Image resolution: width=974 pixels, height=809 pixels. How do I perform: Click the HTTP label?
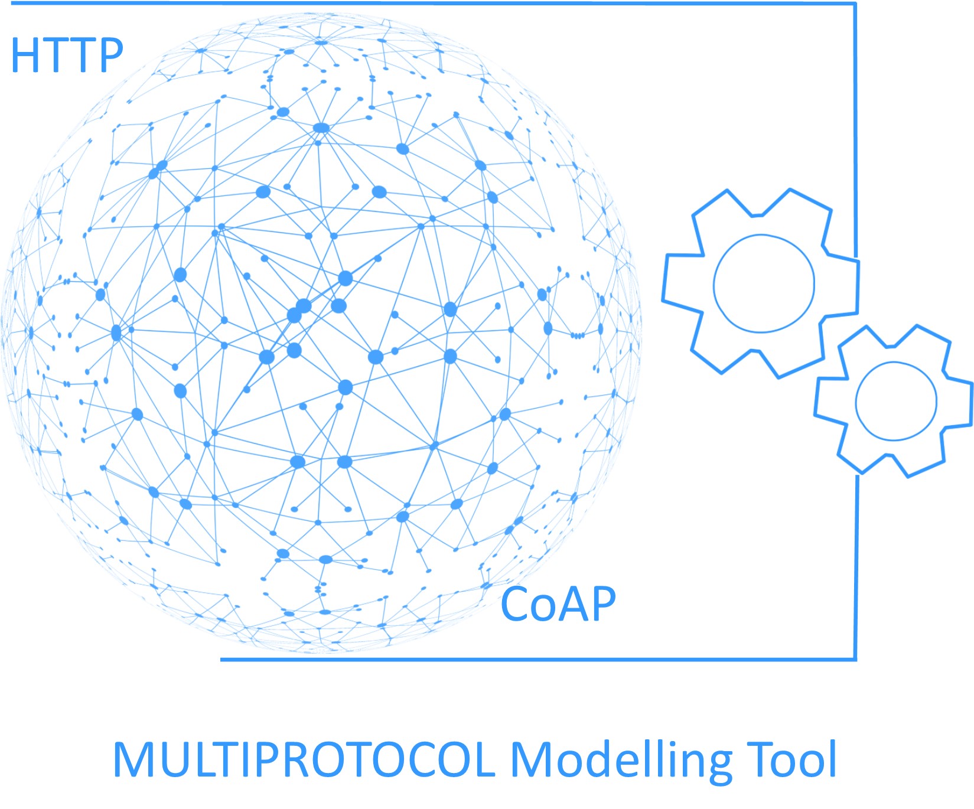pyautogui.click(x=67, y=55)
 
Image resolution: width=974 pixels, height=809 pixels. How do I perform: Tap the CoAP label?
pyautogui.click(x=558, y=604)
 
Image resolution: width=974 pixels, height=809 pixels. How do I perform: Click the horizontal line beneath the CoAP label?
pyautogui.click(x=538, y=659)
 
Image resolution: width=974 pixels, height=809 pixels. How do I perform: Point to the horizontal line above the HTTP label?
pyautogui.click(x=433, y=4)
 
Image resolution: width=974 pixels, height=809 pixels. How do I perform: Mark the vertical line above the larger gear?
pyautogui.click(x=854, y=130)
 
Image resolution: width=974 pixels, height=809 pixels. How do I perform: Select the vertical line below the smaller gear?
pyautogui.click(x=855, y=567)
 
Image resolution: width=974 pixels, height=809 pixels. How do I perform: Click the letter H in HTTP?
pyautogui.click(x=25, y=56)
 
